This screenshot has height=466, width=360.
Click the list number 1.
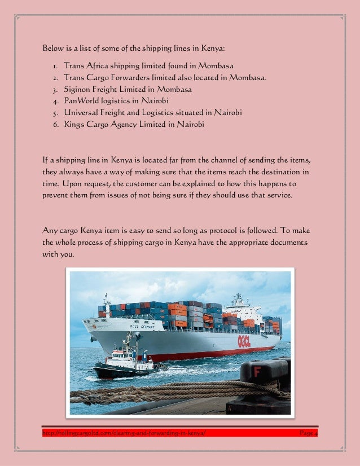tap(55, 66)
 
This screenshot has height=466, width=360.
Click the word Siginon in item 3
tap(78, 89)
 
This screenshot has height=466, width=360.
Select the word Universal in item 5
tap(81, 113)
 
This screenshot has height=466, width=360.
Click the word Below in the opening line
tap(53, 47)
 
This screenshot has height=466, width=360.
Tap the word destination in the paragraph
tap(280, 173)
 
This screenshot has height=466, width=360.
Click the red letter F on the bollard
tap(257, 372)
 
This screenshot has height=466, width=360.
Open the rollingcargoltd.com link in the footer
tap(124, 433)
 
